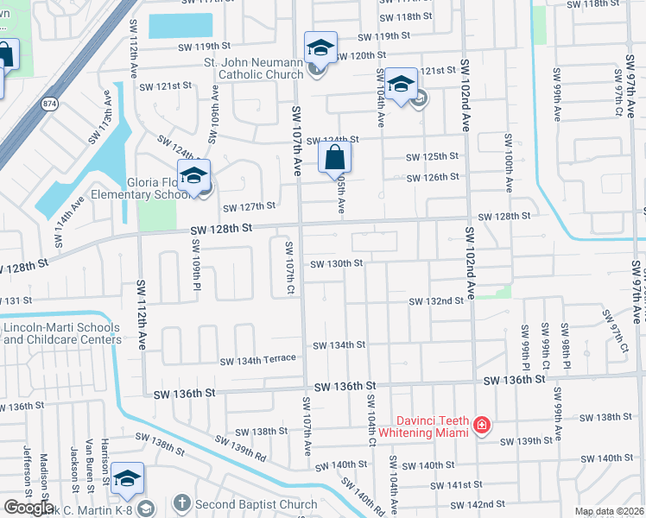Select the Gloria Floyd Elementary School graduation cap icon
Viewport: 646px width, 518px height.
(194, 175)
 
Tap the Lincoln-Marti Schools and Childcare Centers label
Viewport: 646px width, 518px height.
(61, 333)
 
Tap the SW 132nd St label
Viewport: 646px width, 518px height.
(437, 300)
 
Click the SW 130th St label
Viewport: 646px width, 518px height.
(335, 262)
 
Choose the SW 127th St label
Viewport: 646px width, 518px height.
(249, 206)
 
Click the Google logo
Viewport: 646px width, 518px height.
(28, 508)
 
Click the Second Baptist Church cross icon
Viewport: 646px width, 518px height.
(181, 502)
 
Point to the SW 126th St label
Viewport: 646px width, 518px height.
(434, 177)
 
